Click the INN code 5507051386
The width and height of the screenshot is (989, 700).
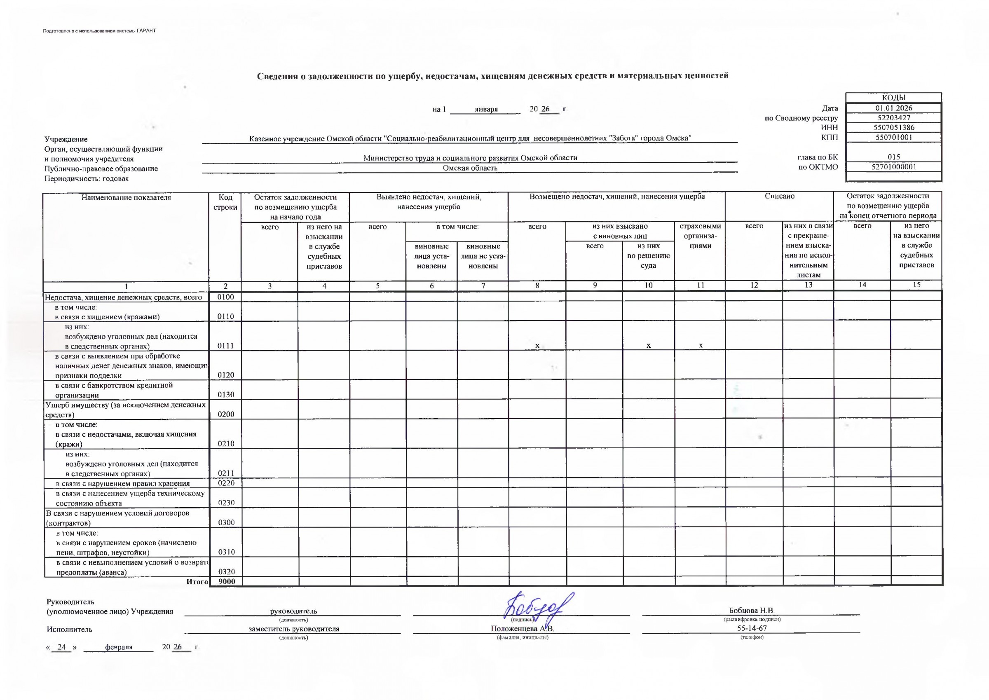tap(894, 128)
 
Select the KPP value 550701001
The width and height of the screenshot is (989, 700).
tap(894, 138)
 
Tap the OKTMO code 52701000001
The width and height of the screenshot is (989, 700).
tap(894, 167)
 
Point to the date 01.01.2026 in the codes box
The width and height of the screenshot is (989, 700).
tap(894, 108)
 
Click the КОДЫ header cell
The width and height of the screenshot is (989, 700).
tap(894, 98)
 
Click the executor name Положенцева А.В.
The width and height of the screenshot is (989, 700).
tap(523, 628)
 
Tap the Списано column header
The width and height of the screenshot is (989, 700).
tap(780, 197)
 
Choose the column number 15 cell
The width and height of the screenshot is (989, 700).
tap(916, 285)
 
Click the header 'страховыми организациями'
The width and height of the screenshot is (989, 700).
tap(700, 236)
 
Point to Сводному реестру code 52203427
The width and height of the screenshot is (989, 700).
tap(894, 118)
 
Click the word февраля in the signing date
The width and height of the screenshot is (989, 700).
tap(119, 647)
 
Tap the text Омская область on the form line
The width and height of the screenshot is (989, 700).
tap(470, 168)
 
